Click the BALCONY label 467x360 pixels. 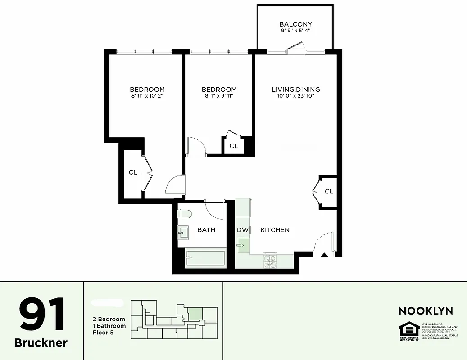tap(295, 24)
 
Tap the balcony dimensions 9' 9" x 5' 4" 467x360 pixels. tap(295, 31)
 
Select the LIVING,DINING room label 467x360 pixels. tap(295, 90)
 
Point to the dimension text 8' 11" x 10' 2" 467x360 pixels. tap(147, 96)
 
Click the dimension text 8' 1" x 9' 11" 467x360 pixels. tap(219, 96)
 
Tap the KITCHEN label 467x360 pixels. tap(275, 230)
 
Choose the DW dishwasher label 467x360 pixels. tap(243, 230)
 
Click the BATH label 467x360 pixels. tap(206, 230)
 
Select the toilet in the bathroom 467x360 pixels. tap(185, 214)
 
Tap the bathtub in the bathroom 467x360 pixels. tap(205, 259)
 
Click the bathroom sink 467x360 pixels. tap(184, 233)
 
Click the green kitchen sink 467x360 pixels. tap(243, 246)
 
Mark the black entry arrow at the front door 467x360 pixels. tap(324, 255)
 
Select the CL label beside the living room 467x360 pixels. tap(329, 192)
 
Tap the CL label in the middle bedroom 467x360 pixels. tap(233, 146)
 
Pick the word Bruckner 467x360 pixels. tap(41, 342)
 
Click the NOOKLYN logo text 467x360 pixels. tap(426, 311)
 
